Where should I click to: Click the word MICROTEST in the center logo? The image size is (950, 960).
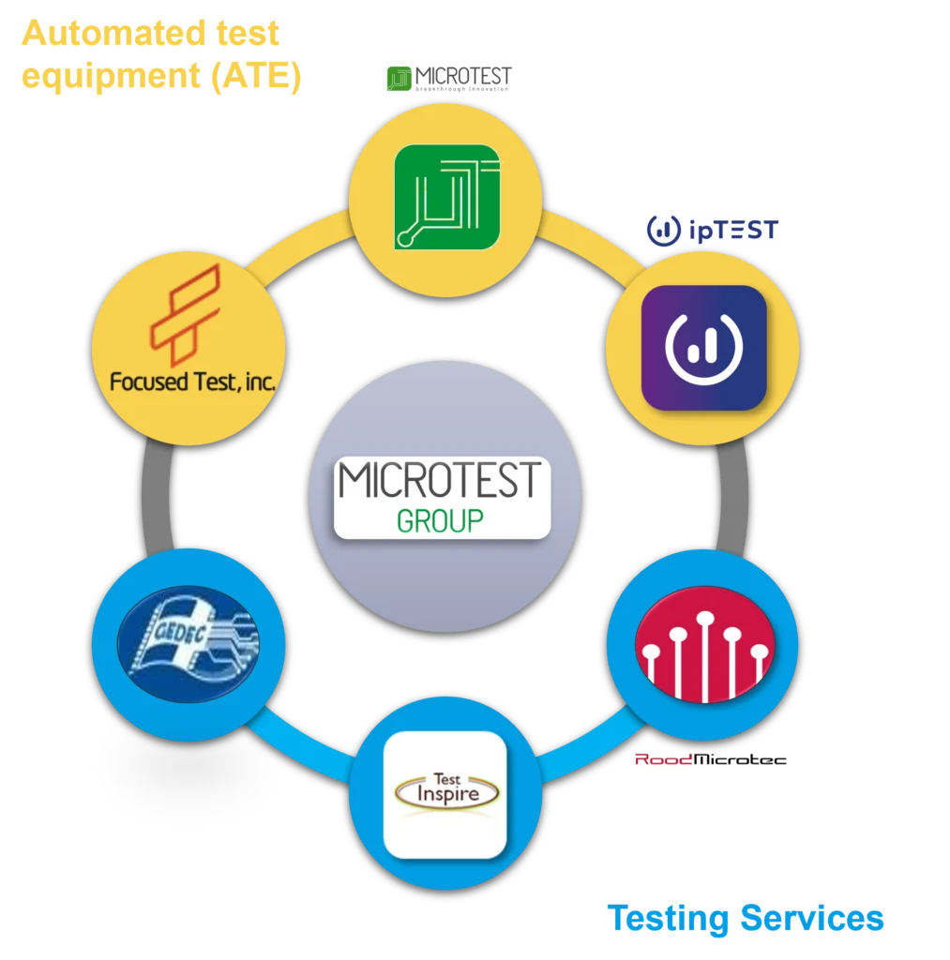(x=441, y=480)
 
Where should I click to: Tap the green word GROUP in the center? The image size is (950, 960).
(x=440, y=520)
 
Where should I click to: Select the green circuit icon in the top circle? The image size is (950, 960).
(x=446, y=197)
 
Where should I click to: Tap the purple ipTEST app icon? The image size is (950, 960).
(x=703, y=348)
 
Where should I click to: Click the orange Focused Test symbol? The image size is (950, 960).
(x=186, y=315)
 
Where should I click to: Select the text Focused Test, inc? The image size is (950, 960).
(x=192, y=382)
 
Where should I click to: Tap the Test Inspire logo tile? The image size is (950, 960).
(x=445, y=794)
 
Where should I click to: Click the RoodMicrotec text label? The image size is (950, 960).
(x=709, y=759)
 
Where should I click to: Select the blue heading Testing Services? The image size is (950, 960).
(x=744, y=919)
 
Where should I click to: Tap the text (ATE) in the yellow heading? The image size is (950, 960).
(x=255, y=76)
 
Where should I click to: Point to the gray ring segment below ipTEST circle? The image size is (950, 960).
(x=733, y=497)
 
